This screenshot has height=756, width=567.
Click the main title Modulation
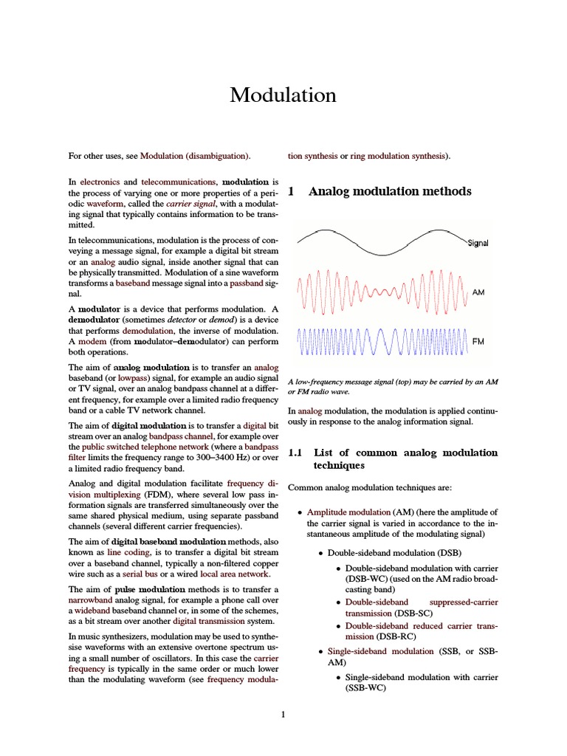coord(283,95)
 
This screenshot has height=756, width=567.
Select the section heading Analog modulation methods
coord(390,191)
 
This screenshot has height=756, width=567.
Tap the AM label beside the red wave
coord(478,292)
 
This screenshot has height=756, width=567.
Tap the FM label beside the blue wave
coord(478,343)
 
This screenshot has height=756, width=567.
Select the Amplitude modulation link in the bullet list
coord(348,512)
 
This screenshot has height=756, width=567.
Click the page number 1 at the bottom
coord(283,714)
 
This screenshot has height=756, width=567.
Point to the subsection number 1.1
coord(295,453)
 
